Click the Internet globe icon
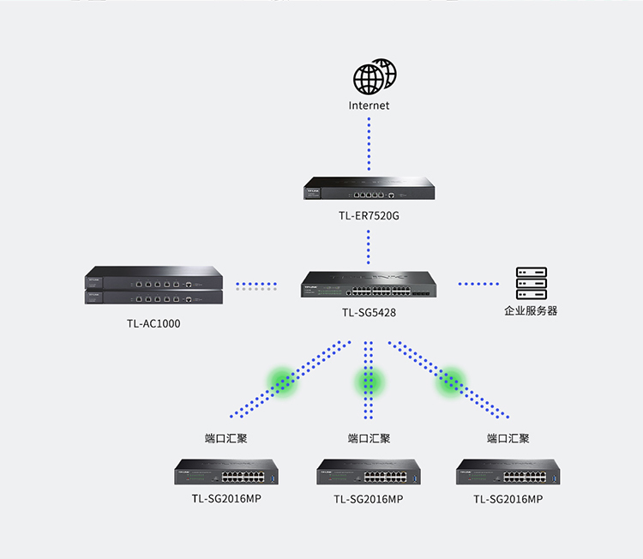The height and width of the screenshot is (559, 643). tap(374, 77)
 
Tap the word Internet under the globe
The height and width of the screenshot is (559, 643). tap(370, 105)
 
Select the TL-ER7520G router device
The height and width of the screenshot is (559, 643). tap(369, 188)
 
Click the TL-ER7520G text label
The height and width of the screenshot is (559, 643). tap(369, 216)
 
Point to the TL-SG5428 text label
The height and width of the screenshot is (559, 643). tap(369, 313)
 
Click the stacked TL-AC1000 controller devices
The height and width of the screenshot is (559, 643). tap(153, 286)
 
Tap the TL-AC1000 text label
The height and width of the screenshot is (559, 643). tap(153, 324)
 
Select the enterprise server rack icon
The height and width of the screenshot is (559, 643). tap(531, 284)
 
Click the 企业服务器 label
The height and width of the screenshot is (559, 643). tap(531, 310)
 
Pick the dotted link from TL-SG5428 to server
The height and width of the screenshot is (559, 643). tap(478, 284)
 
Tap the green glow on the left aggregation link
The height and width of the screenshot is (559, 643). tap(281, 381)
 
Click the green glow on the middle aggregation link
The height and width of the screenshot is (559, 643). tap(369, 381)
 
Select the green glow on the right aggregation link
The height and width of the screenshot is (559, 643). tap(451, 381)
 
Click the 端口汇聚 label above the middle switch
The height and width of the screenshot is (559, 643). tap(369, 438)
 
